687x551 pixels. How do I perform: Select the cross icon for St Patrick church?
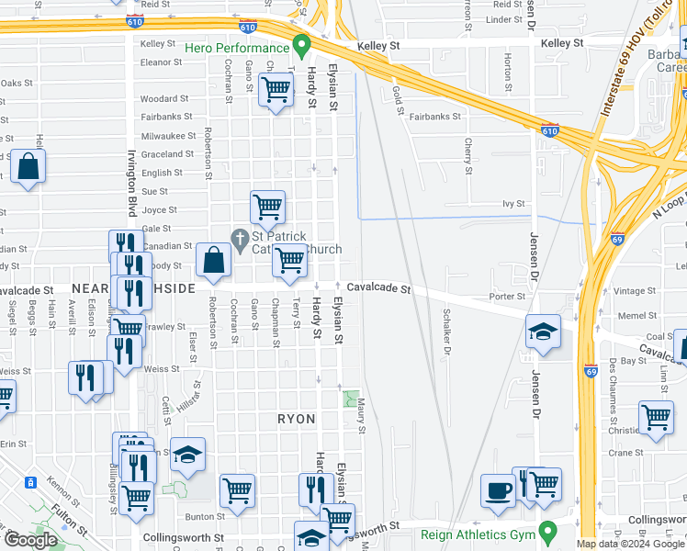click(x=240, y=240)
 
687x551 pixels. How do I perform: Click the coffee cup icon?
click(x=499, y=489)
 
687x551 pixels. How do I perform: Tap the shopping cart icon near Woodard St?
click(x=276, y=90)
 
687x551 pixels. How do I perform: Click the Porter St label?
click(x=507, y=297)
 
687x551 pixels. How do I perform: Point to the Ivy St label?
click(x=512, y=204)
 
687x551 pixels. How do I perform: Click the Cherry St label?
click(x=468, y=156)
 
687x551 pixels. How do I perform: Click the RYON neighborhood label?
click(x=297, y=419)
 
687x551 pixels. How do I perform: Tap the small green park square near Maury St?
click(x=350, y=399)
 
